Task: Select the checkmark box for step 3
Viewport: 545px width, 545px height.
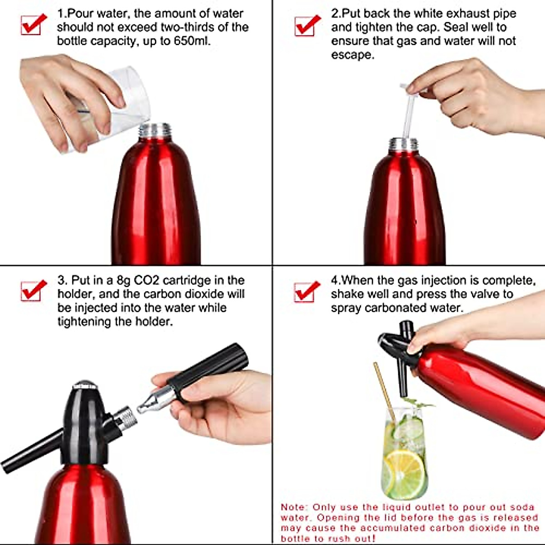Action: pyautogui.click(x=33, y=291)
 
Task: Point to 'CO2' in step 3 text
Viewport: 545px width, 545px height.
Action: pyautogui.click(x=146, y=280)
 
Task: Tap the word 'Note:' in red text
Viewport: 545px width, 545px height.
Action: pyautogui.click(x=294, y=507)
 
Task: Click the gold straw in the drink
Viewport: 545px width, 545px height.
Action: pyautogui.click(x=384, y=386)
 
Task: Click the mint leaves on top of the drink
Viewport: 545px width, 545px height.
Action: pyautogui.click(x=418, y=403)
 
